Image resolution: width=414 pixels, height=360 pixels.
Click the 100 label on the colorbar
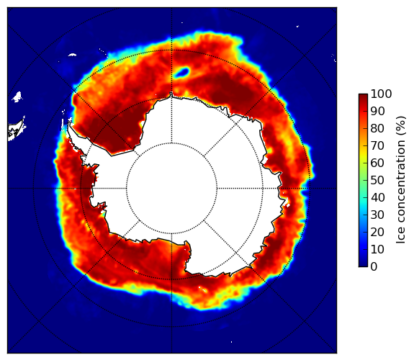(x=382, y=94)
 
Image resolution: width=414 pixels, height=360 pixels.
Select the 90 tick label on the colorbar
(x=378, y=112)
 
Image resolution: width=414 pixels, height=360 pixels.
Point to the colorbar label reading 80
(x=378, y=129)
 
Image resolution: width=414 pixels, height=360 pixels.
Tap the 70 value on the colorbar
(x=378, y=145)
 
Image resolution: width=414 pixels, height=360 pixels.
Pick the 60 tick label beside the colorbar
(x=378, y=163)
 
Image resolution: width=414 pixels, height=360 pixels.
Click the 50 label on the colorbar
(x=378, y=181)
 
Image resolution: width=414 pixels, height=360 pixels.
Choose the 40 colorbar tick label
(x=378, y=198)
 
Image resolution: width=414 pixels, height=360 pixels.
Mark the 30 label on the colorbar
(x=378, y=215)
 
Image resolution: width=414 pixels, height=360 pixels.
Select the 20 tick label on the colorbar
(x=378, y=233)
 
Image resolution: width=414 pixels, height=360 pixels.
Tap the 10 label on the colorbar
(x=378, y=250)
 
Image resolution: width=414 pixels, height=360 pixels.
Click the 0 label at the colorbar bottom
(x=374, y=267)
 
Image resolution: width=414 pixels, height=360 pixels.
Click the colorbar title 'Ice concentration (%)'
(x=400, y=180)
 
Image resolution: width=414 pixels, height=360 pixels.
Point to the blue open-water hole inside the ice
(x=181, y=72)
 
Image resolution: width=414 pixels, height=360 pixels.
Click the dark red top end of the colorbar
(x=363, y=96)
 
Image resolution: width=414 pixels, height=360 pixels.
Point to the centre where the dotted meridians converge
(x=171, y=189)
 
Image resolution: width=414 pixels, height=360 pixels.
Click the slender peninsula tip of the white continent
(x=69, y=124)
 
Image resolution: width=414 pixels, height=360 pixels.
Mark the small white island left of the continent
(x=17, y=97)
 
